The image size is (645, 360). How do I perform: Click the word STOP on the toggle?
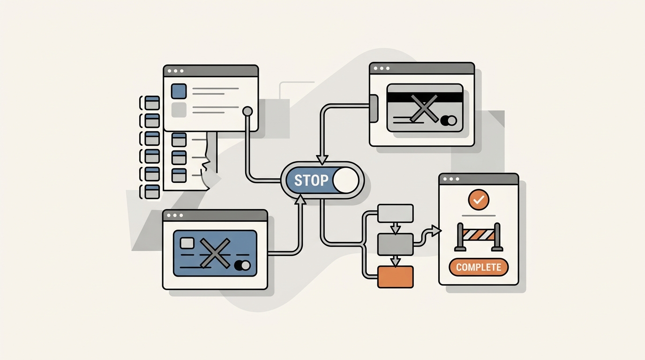coord(311,180)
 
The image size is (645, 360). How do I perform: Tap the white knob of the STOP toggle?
coord(345,180)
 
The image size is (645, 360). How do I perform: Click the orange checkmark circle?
coord(479,199)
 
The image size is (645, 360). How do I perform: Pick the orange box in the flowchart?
coord(395,277)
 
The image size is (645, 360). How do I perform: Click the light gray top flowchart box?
coord(395,213)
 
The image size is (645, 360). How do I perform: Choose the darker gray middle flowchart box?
coord(395,245)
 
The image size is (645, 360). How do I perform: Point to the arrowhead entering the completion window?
coord(436,231)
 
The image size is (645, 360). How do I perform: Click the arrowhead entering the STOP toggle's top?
coord(322,160)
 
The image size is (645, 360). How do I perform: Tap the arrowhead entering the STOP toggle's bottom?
coord(300,199)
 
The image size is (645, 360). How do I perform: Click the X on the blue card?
coord(215,253)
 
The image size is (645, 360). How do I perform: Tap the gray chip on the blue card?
coord(187,243)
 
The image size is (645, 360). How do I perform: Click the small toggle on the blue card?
coord(242,265)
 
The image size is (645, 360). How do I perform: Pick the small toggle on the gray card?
coord(448,120)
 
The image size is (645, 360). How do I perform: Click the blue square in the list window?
coord(179,91)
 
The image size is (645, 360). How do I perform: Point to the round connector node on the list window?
coord(247,111)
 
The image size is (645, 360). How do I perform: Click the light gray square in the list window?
coord(179,110)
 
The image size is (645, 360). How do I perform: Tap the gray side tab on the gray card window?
coord(374,108)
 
